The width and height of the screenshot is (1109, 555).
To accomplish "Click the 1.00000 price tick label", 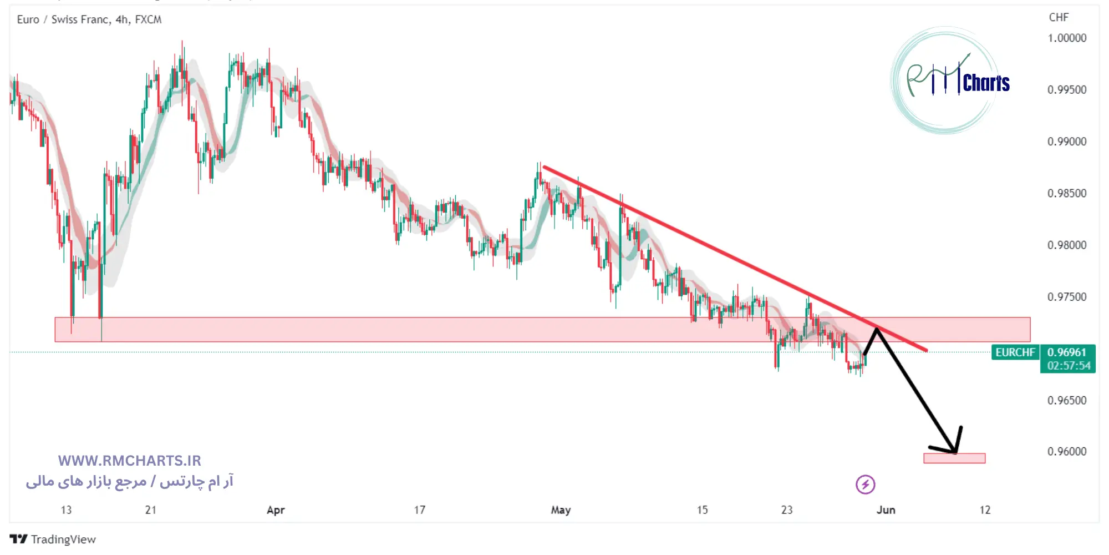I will click(x=1066, y=38).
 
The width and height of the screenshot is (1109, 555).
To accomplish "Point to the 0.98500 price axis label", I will click(x=1066, y=193).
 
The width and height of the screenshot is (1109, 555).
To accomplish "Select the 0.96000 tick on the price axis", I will click(x=1066, y=452).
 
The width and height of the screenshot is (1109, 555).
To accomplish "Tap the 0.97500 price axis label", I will click(x=1066, y=297).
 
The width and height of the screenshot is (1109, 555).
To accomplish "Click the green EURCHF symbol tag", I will click(x=1015, y=352).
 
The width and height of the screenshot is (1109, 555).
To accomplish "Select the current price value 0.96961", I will click(x=1066, y=352).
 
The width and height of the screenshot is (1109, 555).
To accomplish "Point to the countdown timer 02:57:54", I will click(x=1069, y=366).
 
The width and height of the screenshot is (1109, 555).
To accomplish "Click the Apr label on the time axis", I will click(x=276, y=510).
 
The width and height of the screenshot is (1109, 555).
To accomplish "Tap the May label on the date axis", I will click(x=561, y=510).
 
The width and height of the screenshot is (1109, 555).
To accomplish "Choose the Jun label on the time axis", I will click(x=886, y=510).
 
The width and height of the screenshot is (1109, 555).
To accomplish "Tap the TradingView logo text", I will click(x=63, y=539).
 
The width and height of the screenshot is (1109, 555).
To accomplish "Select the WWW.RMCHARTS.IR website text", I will click(x=129, y=461).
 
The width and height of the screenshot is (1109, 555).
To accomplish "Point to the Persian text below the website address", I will click(x=129, y=481).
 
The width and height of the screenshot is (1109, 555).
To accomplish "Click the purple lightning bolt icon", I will click(x=865, y=485).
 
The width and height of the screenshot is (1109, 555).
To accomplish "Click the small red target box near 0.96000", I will click(x=954, y=458).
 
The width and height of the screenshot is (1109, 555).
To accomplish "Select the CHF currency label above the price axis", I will click(x=1059, y=18).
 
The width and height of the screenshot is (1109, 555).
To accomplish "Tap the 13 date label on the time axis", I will click(x=66, y=510).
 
